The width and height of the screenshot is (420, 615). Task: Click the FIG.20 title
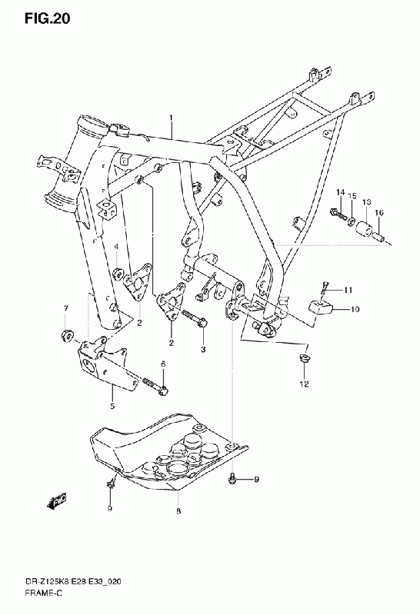47,18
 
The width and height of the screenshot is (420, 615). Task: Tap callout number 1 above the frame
171,118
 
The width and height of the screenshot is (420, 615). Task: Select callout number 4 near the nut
117,246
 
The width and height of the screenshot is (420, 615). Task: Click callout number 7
66,309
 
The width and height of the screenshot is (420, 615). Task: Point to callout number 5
112,406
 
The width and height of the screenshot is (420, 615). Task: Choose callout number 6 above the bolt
163,364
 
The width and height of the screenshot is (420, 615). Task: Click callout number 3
203,349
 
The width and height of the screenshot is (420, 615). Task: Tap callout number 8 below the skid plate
178,511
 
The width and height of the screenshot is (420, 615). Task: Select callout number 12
304,384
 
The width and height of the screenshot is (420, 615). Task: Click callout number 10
355,310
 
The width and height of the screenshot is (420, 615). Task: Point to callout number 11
348,291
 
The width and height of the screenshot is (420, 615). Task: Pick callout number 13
367,202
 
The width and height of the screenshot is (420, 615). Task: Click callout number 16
378,213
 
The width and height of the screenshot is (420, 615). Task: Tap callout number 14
340,192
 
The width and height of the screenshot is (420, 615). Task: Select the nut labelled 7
68,336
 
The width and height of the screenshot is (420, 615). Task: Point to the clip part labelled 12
304,358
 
